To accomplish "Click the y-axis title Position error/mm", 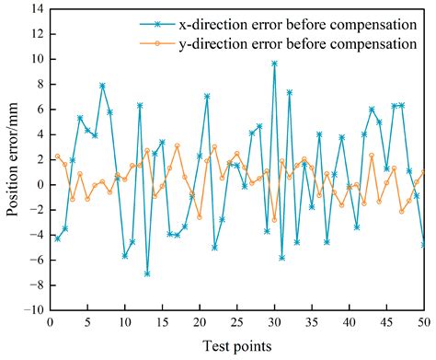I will pyautogui.click(x=13, y=158).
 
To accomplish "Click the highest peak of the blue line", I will pyautogui.click(x=274, y=64).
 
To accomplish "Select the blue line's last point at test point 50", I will pyautogui.click(x=423, y=244).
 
